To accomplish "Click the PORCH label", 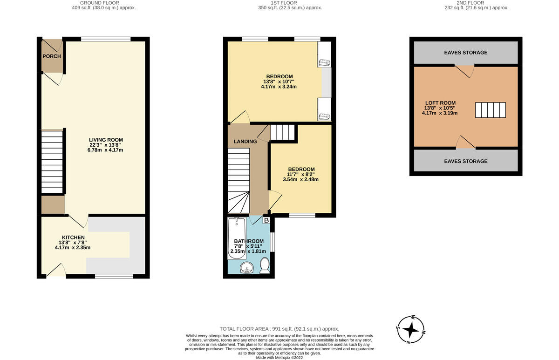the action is (x=52, y=56).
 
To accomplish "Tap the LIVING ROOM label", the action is (x=106, y=140).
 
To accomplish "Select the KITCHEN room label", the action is (x=74, y=238).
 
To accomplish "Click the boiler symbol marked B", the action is (x=266, y=220).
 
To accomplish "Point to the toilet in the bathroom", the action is (x=265, y=266).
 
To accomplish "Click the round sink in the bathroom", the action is (x=247, y=268).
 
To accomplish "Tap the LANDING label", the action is (x=245, y=142).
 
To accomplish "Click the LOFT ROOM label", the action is (x=441, y=103).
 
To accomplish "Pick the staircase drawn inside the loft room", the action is (x=491, y=110).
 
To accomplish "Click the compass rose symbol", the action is (x=411, y=329).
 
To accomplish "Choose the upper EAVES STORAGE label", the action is (x=466, y=53).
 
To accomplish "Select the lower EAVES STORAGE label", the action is (x=466, y=162).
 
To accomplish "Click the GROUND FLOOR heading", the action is (x=100, y=3).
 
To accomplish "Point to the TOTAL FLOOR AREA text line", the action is (x=279, y=329).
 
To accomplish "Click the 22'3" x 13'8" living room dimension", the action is (x=105, y=145).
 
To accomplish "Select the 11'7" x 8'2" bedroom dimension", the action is (x=301, y=174).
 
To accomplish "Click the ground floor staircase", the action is (x=52, y=162).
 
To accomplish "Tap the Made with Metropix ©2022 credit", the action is (x=279, y=358).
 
